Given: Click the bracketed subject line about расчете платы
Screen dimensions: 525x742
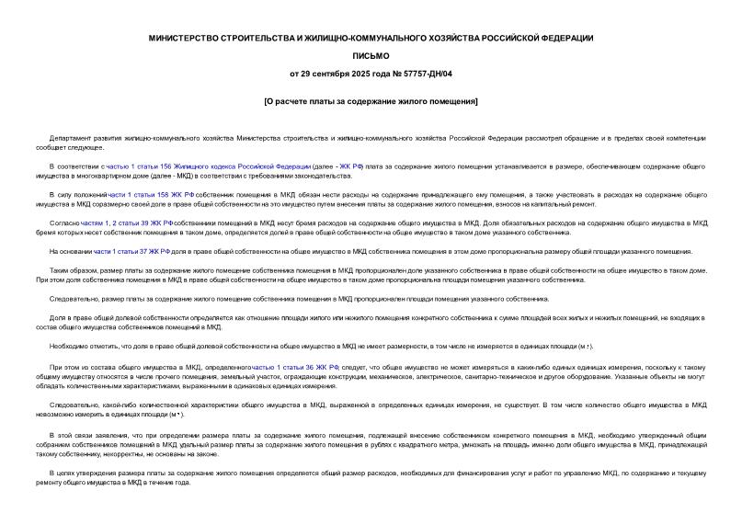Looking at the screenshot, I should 371,100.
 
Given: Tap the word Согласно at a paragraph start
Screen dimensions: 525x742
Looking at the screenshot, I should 64,223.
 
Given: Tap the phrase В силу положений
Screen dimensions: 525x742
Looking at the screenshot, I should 78,196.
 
